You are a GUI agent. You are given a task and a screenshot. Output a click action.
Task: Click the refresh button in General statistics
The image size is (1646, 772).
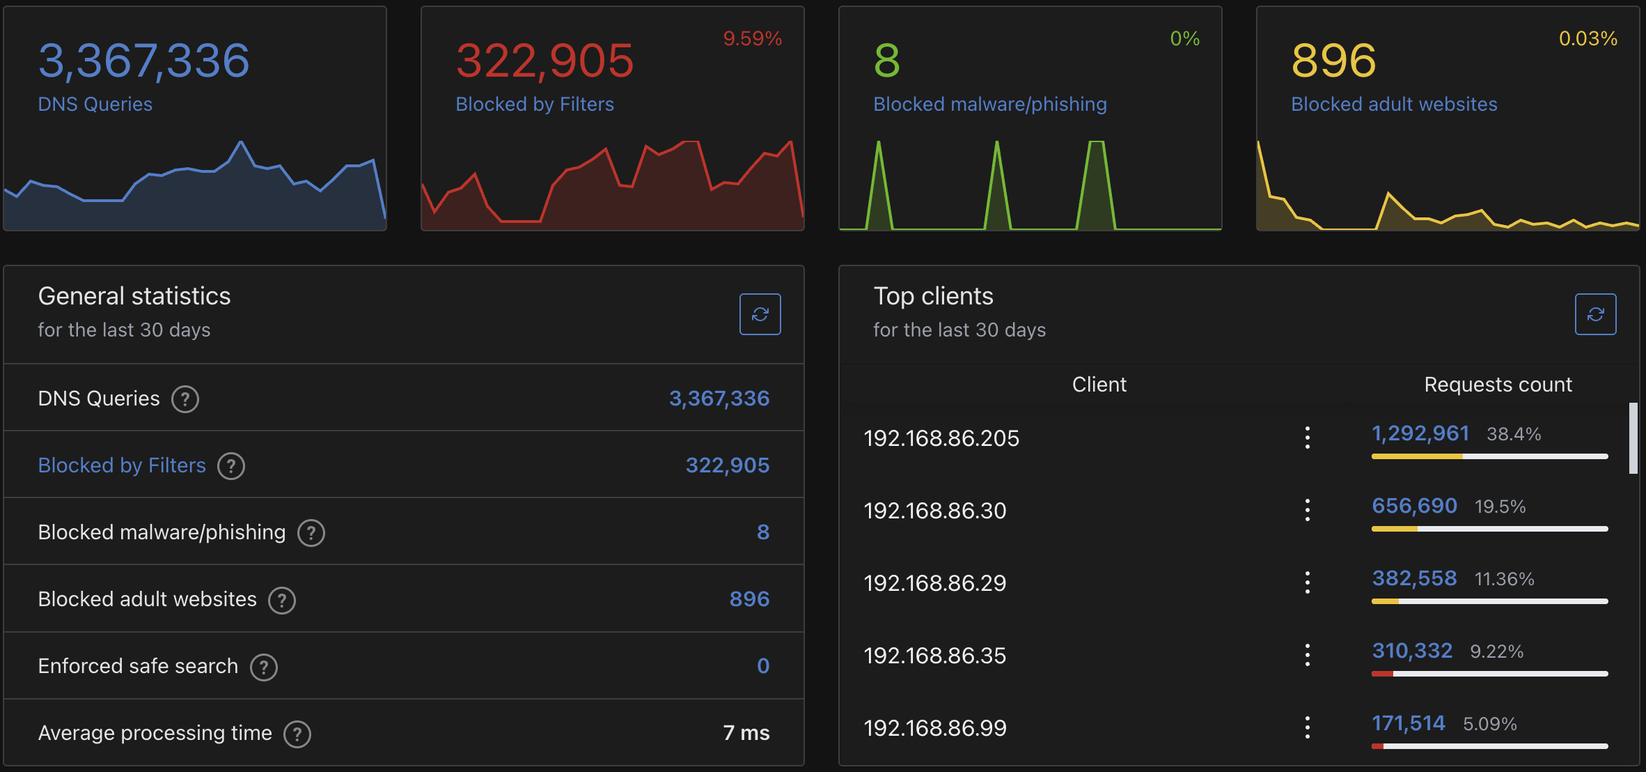760,314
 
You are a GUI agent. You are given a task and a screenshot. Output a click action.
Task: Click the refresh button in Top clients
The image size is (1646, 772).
1595,314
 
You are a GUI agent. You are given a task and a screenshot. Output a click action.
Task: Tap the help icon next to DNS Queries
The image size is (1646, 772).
185,399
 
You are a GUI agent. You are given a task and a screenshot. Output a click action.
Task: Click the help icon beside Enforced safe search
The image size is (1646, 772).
264,667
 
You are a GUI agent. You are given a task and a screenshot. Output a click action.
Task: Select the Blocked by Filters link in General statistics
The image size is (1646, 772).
122,465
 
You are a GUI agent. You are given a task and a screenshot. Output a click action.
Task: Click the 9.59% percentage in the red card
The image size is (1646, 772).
752,38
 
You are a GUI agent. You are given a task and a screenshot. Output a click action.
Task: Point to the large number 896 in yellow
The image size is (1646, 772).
1333,61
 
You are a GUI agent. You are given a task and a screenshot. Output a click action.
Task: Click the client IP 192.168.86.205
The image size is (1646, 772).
941,438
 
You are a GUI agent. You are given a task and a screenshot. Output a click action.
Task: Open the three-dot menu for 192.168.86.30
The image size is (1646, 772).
1307,510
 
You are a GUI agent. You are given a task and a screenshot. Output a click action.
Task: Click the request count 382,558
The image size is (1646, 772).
1414,578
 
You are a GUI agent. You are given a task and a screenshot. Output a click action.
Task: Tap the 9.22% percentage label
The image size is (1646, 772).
1496,651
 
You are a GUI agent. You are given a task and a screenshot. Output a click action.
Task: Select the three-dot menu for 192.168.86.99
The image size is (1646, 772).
1307,727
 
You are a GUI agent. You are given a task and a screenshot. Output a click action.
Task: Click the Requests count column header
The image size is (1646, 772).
1498,385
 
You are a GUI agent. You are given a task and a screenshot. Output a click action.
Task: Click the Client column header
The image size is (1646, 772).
1099,385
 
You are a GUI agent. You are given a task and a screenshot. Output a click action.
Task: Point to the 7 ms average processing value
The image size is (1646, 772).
746,733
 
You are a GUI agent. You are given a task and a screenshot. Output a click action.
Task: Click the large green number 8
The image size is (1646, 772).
886,61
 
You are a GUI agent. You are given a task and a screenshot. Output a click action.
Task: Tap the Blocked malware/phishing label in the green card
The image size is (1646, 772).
989,105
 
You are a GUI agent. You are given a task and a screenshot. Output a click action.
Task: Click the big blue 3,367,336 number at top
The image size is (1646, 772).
143,61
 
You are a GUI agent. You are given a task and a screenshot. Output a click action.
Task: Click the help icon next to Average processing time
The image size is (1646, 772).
297,734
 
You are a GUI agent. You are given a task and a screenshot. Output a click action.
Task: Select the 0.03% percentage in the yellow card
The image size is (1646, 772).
1588,38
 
